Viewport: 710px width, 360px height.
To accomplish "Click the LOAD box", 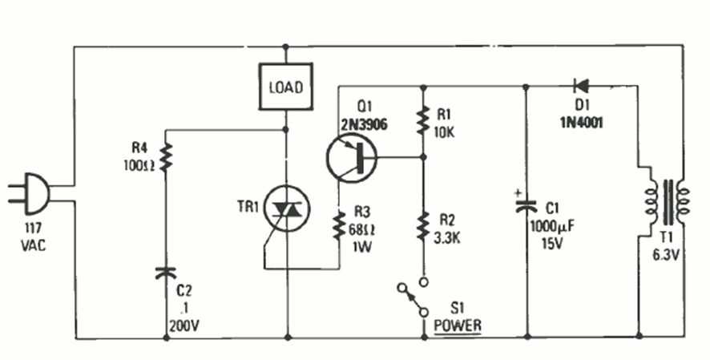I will tap(284, 87).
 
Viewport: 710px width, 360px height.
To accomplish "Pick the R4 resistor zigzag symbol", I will tap(167, 158).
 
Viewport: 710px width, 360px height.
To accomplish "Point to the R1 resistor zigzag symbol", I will tap(422, 120).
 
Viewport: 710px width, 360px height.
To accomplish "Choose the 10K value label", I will tap(444, 132).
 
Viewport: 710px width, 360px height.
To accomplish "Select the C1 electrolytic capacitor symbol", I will tap(526, 207).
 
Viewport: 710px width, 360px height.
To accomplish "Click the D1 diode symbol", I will tap(580, 86).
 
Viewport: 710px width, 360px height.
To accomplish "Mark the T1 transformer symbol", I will tap(662, 200).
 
